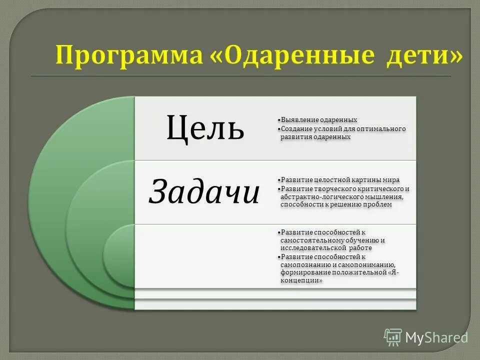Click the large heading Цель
(x=205, y=127)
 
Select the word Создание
(x=297, y=128)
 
